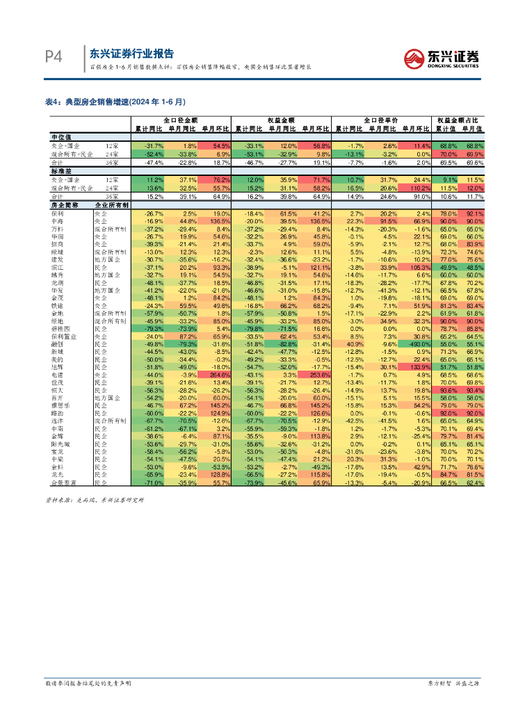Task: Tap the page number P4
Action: click(x=54, y=56)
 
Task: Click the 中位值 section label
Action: click(x=62, y=137)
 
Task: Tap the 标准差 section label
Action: click(x=62, y=171)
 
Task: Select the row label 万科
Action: click(x=59, y=229)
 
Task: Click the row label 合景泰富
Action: click(x=65, y=482)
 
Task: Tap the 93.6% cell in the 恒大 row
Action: click(x=448, y=390)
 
